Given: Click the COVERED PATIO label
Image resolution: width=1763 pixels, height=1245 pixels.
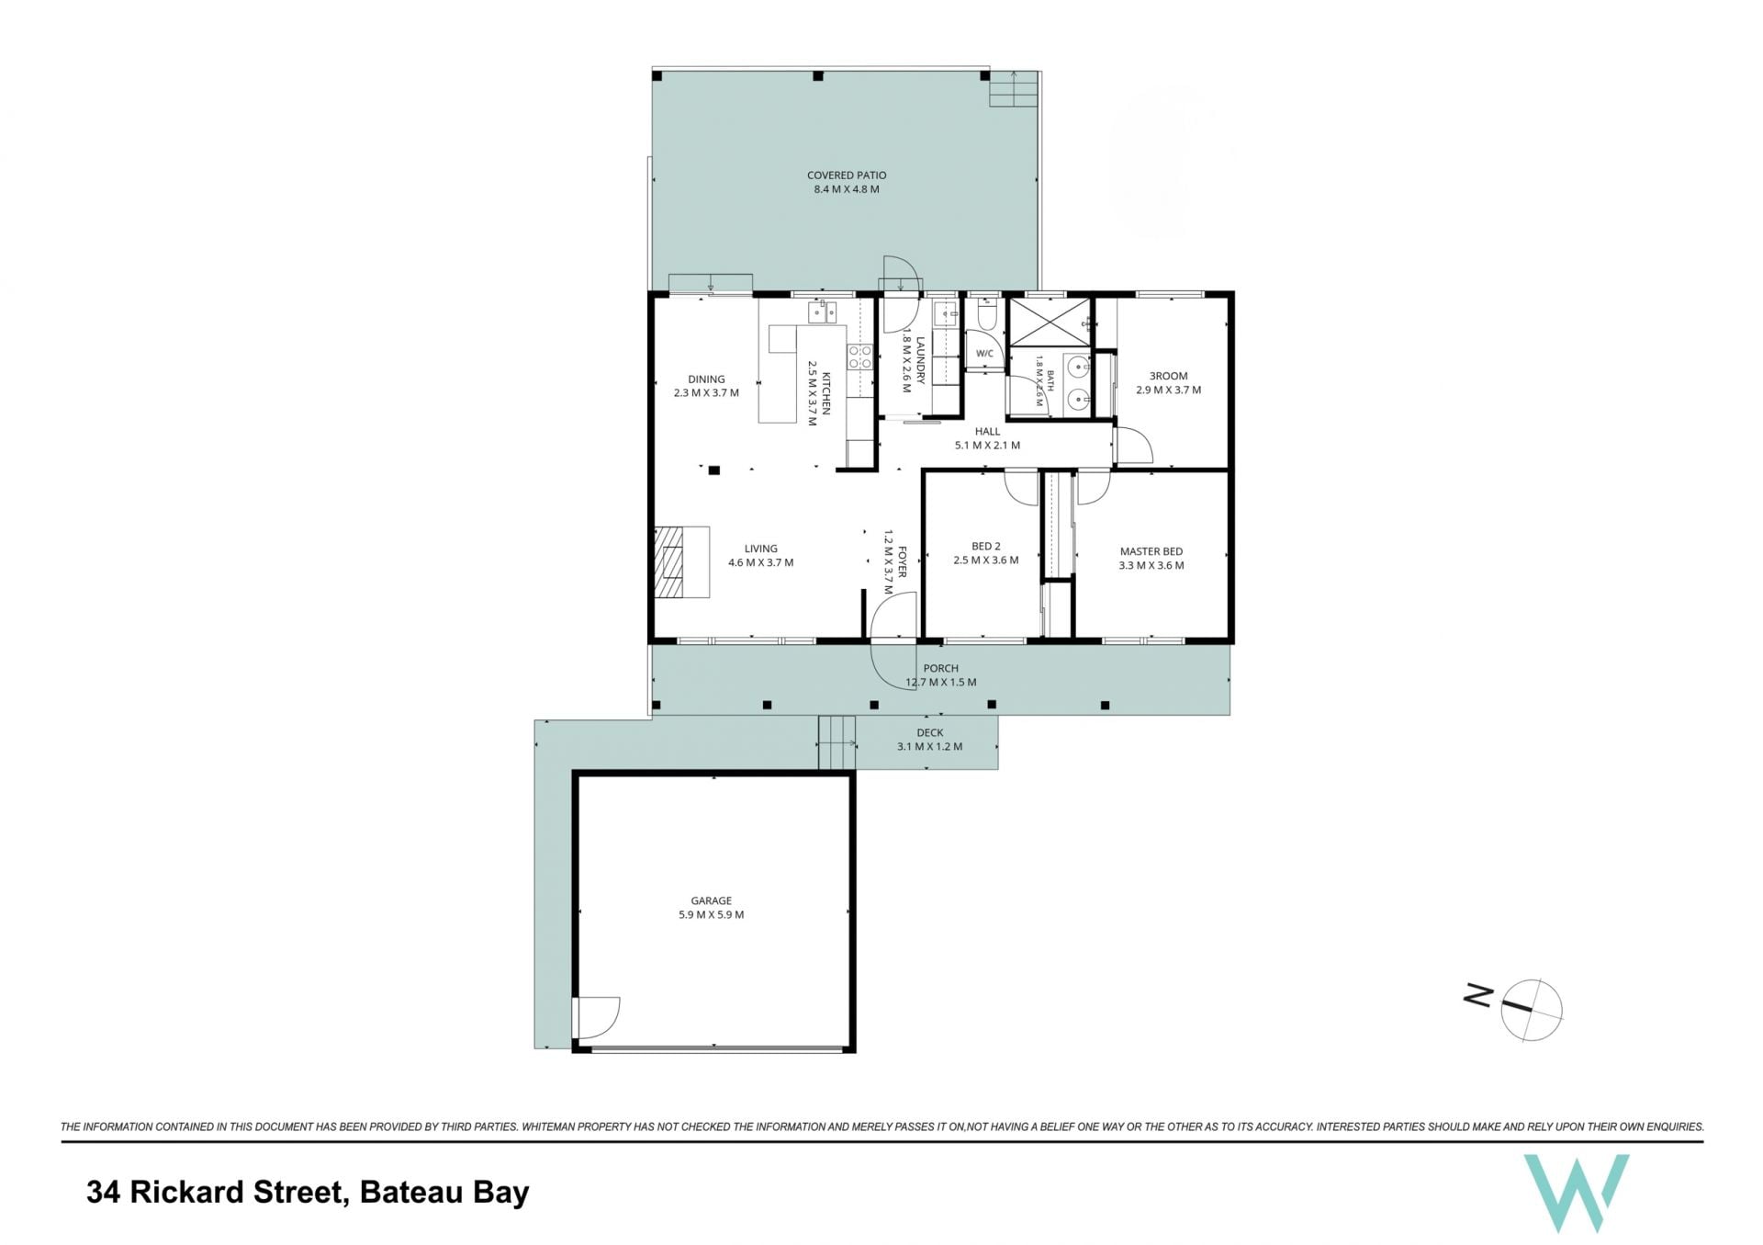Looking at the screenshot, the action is (847, 175).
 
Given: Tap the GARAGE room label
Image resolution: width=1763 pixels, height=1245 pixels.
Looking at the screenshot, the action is (712, 900).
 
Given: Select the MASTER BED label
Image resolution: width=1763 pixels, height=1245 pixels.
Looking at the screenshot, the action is (1151, 551).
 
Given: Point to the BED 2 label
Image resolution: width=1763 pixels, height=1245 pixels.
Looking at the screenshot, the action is (986, 546).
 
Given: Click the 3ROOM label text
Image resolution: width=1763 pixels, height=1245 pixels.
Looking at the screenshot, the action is (1169, 376).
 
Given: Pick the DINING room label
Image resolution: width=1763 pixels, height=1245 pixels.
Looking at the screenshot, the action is (706, 379).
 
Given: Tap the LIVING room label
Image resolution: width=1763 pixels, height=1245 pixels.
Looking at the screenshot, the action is (761, 549).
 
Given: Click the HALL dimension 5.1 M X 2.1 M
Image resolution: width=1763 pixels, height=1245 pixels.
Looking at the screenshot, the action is (987, 446).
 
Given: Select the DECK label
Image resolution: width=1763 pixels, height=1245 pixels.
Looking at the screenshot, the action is (930, 732).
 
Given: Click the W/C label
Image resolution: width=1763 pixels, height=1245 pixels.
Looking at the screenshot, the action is (984, 354).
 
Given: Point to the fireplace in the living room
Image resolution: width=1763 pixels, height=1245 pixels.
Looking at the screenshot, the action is (680, 561).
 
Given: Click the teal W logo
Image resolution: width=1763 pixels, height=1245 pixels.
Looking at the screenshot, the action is (1576, 1192).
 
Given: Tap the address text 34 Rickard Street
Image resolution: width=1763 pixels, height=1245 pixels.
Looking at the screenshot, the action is (214, 1193).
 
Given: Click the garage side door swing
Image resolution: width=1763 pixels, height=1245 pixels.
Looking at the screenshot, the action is (597, 1018).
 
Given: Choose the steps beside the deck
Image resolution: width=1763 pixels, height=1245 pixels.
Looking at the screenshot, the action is (837, 742).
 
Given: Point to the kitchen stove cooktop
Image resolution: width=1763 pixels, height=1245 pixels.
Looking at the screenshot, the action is (859, 357).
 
